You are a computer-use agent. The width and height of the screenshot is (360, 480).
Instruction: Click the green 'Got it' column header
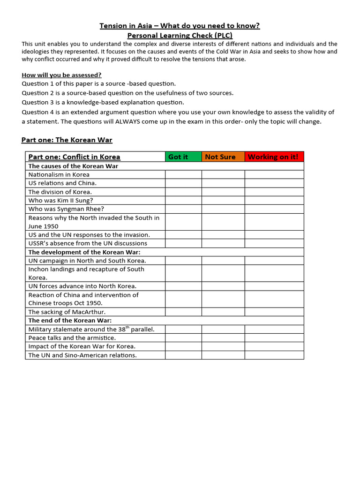183,157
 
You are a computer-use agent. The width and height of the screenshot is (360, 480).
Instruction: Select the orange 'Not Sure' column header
223,157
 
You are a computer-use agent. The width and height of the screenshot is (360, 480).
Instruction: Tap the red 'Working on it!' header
274,157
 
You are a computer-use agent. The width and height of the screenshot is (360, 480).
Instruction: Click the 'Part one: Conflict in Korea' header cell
75,157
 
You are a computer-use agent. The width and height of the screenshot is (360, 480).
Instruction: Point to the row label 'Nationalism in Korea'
59,174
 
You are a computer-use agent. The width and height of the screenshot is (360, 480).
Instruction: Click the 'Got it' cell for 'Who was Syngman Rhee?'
183,209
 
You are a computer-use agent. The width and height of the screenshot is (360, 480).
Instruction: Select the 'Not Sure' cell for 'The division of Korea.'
223,192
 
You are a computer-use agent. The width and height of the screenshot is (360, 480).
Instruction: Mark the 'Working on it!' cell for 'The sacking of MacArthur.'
274,312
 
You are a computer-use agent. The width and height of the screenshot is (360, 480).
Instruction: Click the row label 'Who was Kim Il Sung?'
61,200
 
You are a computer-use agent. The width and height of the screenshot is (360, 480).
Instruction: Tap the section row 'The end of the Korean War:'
70,321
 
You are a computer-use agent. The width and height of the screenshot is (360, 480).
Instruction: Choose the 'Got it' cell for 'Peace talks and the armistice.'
183,337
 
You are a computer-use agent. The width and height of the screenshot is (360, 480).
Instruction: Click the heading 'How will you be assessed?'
61,75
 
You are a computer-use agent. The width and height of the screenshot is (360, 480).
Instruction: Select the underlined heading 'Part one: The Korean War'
67,140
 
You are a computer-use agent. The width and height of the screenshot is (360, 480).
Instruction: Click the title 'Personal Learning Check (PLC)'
180,35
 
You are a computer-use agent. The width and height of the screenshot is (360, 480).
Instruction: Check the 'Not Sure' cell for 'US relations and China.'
223,183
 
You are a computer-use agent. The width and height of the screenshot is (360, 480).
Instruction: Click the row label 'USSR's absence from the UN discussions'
88,243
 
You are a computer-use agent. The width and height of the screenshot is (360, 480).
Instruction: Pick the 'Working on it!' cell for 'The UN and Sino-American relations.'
274,355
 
